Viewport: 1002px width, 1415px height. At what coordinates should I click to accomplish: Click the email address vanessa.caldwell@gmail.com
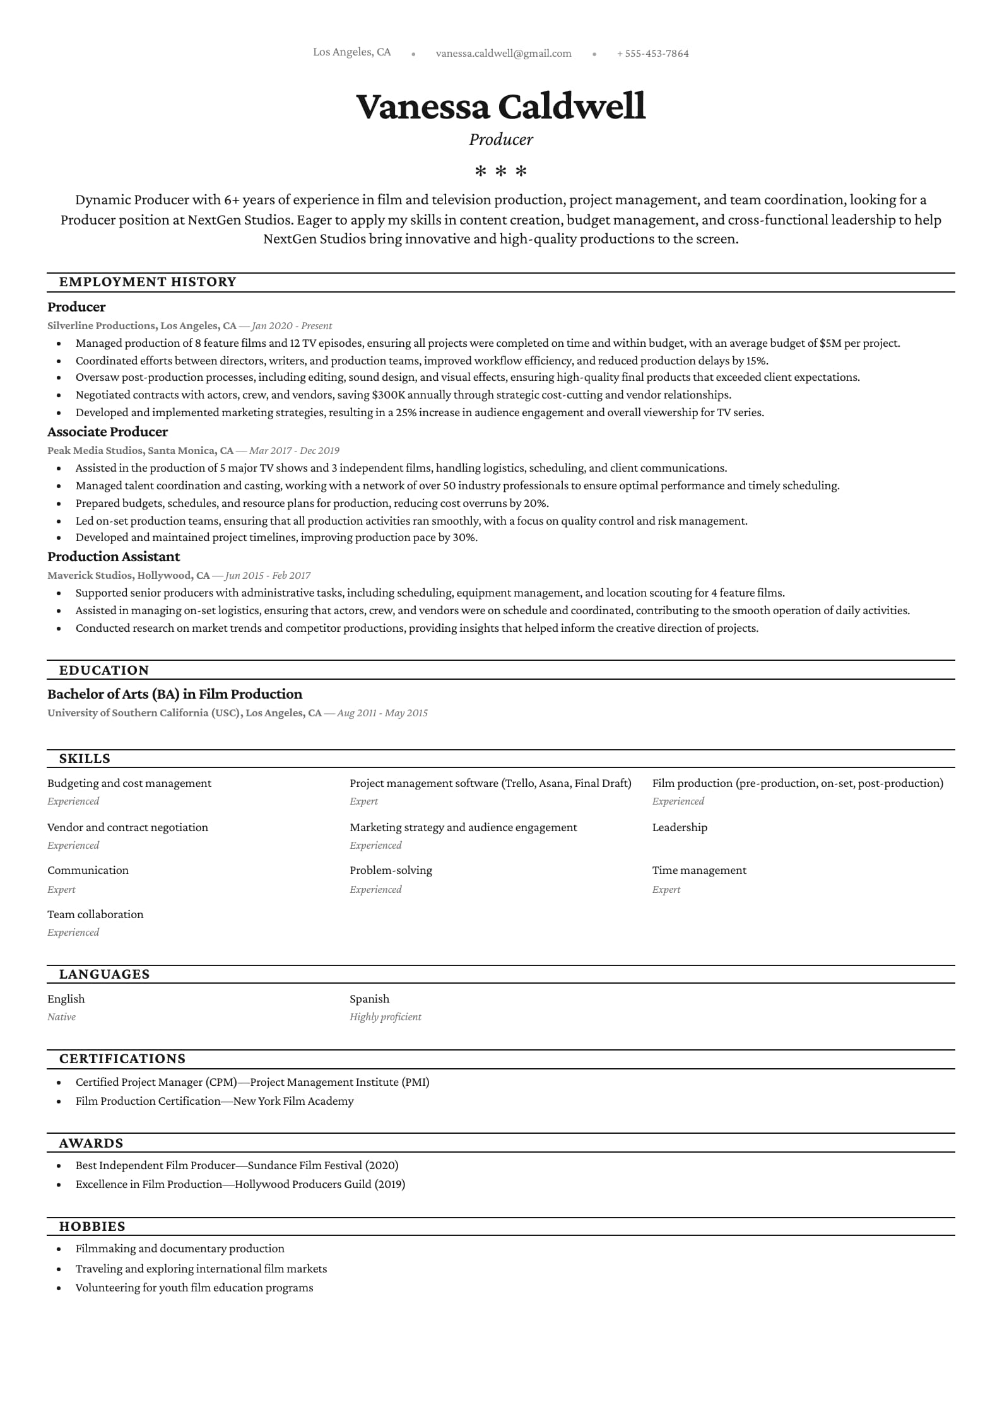(x=504, y=54)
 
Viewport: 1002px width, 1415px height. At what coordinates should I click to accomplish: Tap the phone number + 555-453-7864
(x=652, y=54)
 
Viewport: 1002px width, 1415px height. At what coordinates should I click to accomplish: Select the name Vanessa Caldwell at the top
(x=501, y=106)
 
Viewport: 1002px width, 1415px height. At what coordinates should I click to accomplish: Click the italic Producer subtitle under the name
(x=501, y=139)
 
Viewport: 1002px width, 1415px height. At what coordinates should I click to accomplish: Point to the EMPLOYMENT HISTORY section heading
(x=148, y=282)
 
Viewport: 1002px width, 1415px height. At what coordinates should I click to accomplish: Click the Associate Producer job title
(x=107, y=432)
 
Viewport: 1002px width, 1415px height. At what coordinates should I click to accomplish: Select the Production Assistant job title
(x=114, y=557)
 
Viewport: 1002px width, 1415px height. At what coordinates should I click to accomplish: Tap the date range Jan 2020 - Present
(x=292, y=326)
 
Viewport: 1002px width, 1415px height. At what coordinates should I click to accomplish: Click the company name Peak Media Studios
(x=95, y=451)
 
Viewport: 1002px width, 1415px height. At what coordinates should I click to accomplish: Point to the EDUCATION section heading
(x=104, y=670)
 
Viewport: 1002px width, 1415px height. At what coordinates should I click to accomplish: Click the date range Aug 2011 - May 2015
(x=382, y=713)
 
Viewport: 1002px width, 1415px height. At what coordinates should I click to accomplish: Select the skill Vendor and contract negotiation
(x=127, y=827)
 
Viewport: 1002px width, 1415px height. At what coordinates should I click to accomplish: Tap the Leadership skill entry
(x=680, y=827)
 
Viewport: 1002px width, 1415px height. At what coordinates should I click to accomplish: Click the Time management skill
(x=699, y=870)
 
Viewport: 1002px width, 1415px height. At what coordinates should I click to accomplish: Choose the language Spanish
(x=369, y=999)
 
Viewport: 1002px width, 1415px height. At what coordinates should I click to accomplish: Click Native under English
(x=61, y=1017)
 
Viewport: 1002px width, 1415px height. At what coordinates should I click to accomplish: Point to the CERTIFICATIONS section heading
(x=122, y=1059)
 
